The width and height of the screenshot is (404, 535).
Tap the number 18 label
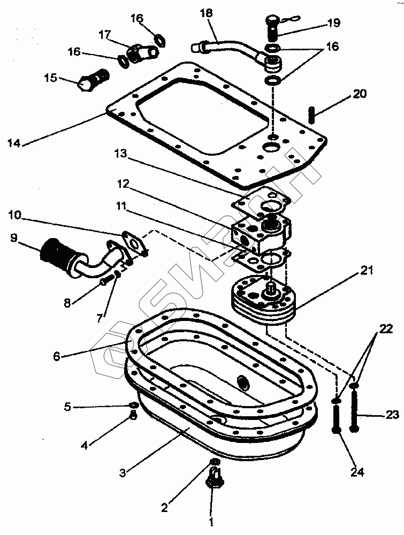[x=207, y=12]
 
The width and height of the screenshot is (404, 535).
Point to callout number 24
[x=357, y=472]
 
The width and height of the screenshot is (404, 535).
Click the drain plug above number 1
[x=215, y=478]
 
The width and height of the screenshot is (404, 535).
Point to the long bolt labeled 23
[x=354, y=412]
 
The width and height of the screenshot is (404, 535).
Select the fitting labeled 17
[x=140, y=52]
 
